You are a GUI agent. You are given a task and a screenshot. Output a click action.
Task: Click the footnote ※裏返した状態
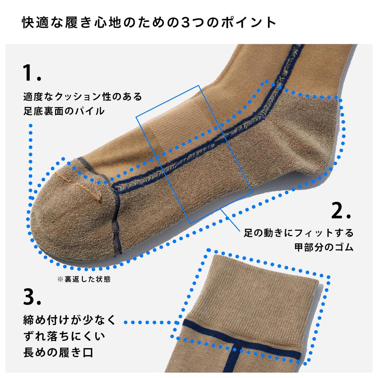click(x=84, y=279)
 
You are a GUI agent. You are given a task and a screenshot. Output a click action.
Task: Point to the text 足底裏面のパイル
click(x=63, y=110)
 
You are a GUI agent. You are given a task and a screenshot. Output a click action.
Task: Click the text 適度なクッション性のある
click(x=82, y=97)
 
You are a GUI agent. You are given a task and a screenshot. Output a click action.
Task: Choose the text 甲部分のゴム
click(x=324, y=247)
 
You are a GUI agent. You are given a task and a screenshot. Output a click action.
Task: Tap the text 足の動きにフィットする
click(x=299, y=233)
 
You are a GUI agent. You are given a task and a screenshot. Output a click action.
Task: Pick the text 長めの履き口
click(x=58, y=353)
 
